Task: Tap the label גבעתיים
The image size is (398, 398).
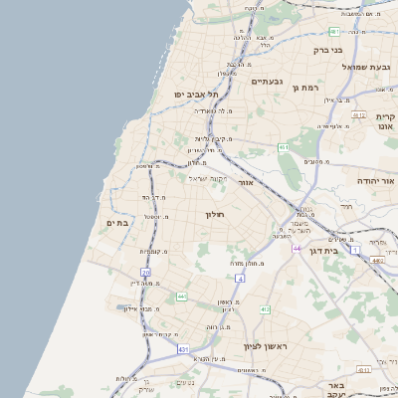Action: point(269,82)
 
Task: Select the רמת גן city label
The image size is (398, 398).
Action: point(304,88)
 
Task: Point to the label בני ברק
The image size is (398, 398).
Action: point(327,49)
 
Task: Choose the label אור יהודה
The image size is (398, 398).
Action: point(376,182)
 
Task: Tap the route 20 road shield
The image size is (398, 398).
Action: point(145,272)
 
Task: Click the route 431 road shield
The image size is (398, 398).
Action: point(183,350)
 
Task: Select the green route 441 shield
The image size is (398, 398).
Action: point(181,297)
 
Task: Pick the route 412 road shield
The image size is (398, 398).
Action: point(265,309)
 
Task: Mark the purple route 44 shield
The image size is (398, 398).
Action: point(297,248)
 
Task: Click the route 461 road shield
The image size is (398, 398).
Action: point(284,147)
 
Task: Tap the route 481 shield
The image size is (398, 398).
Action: point(333,33)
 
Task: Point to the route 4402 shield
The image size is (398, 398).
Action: point(377,261)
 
